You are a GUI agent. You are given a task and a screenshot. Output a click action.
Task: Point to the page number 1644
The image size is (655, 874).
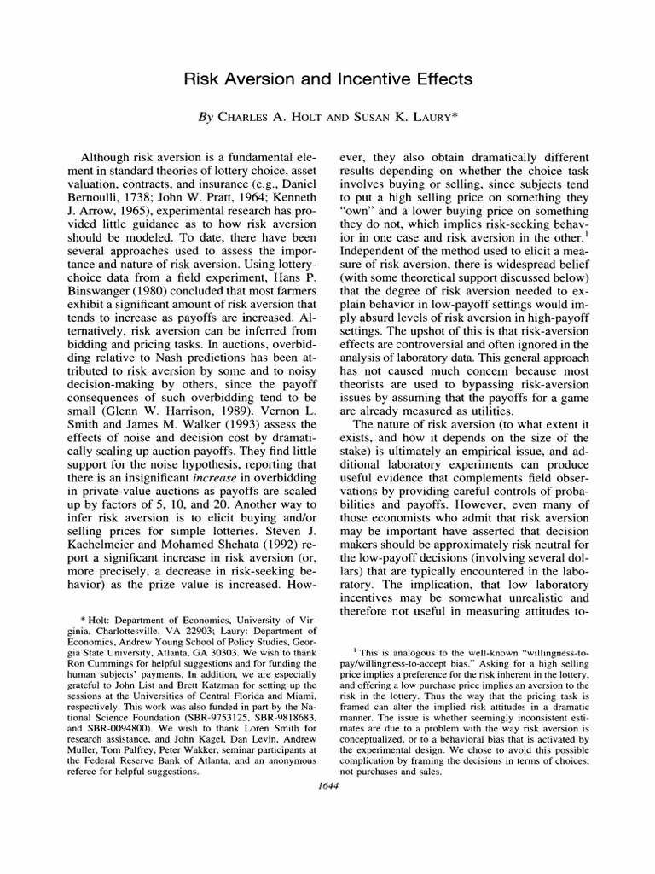click(x=327, y=788)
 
